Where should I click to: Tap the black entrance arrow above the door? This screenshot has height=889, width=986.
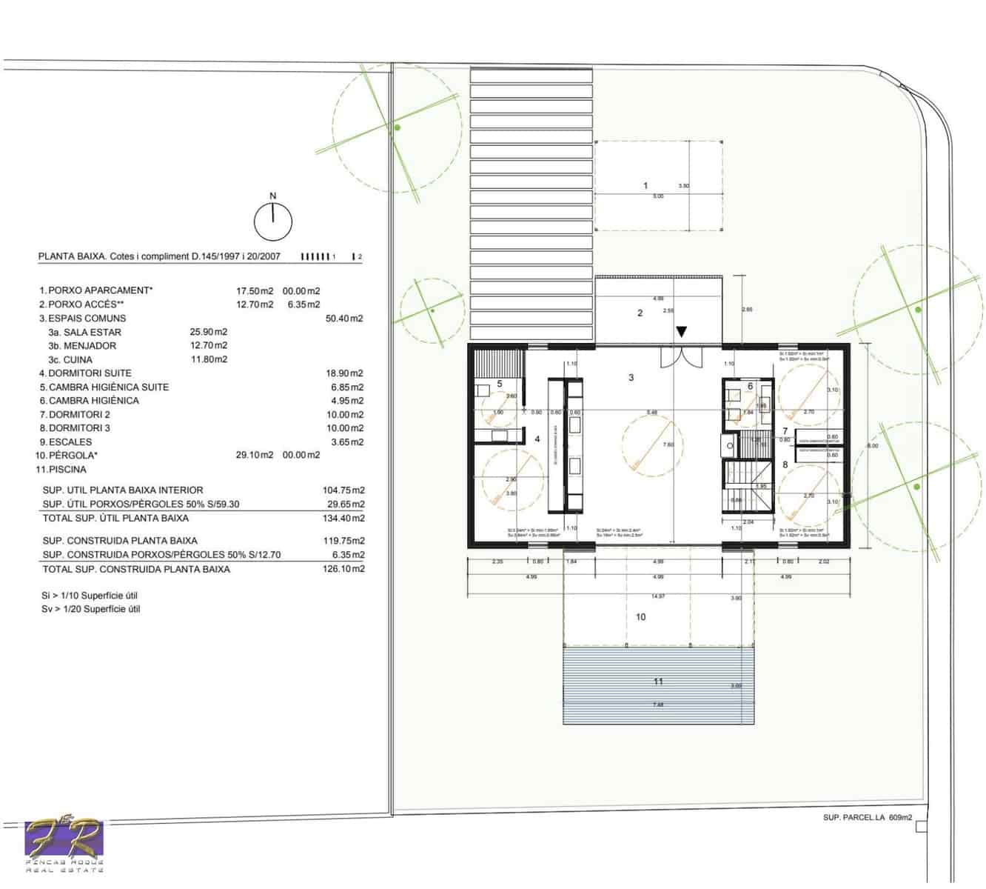[682, 332]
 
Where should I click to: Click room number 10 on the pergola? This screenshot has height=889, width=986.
[641, 616]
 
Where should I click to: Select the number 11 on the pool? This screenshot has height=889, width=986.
[658, 682]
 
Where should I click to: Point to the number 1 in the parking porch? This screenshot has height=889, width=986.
[645, 185]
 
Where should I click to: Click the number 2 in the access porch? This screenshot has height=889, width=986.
[640, 313]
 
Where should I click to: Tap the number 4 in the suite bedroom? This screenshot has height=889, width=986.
[537, 439]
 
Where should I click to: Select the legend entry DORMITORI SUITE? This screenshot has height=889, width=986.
[90, 373]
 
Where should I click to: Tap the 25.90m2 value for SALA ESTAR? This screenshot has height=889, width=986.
[209, 332]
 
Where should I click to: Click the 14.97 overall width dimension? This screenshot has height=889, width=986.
[658, 596]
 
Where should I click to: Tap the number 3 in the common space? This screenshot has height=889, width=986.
[631, 378]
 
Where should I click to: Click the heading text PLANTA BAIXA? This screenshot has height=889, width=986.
[71, 257]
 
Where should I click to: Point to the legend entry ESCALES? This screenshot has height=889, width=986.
[69, 442]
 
